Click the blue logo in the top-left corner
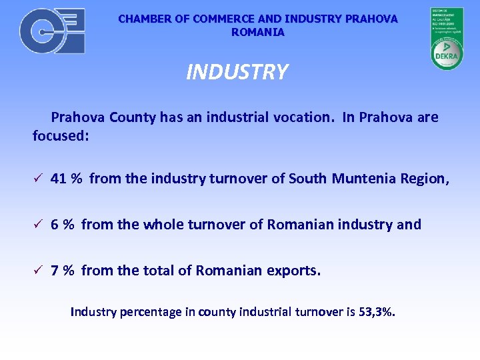click(52, 31)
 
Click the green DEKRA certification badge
click(447, 39)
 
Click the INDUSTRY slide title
click(237, 72)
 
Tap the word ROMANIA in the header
click(258, 32)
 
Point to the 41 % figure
click(66, 179)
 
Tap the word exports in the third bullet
click(293, 271)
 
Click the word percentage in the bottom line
click(145, 311)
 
